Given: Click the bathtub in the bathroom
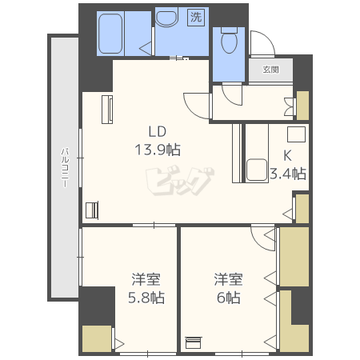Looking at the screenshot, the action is (110, 34).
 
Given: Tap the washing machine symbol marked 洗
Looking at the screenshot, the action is (196, 18).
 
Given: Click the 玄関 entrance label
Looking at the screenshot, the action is (270, 70).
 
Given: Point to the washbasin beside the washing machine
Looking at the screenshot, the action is (166, 18).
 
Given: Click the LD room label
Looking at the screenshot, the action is (158, 132).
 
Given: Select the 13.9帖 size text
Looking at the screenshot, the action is (158, 150).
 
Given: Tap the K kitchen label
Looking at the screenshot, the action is (287, 155).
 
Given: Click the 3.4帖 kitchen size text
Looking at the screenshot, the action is (288, 174).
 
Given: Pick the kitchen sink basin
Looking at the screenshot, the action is (257, 170).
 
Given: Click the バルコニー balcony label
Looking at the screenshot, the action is (66, 167).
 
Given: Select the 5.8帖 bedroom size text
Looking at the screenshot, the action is (146, 298).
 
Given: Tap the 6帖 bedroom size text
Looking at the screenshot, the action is (229, 298).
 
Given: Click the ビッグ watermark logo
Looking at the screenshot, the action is (180, 182).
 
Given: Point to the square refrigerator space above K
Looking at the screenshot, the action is (296, 134).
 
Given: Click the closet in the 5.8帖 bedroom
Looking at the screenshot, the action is (97, 338).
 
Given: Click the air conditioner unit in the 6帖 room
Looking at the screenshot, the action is (194, 342).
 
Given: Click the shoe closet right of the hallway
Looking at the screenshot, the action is (302, 106).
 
